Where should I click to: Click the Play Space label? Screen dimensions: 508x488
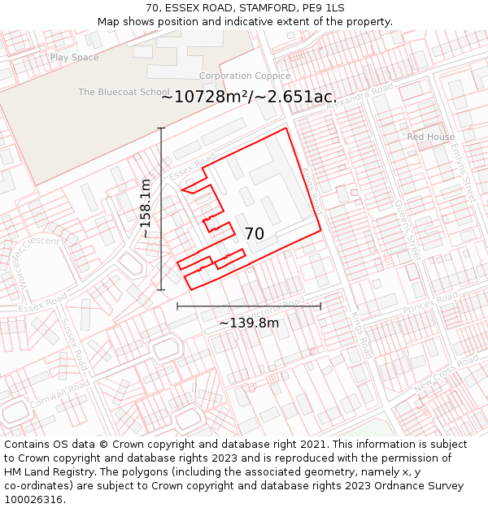tap(74, 58)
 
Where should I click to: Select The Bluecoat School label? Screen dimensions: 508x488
tap(124, 93)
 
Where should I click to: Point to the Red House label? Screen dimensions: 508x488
tap(431, 137)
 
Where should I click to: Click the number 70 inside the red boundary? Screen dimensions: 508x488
tap(254, 234)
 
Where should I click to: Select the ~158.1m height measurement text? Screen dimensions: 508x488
tap(146, 208)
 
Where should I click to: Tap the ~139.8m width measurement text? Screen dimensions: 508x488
tap(249, 323)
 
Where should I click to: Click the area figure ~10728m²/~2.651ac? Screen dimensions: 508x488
tap(248, 98)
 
